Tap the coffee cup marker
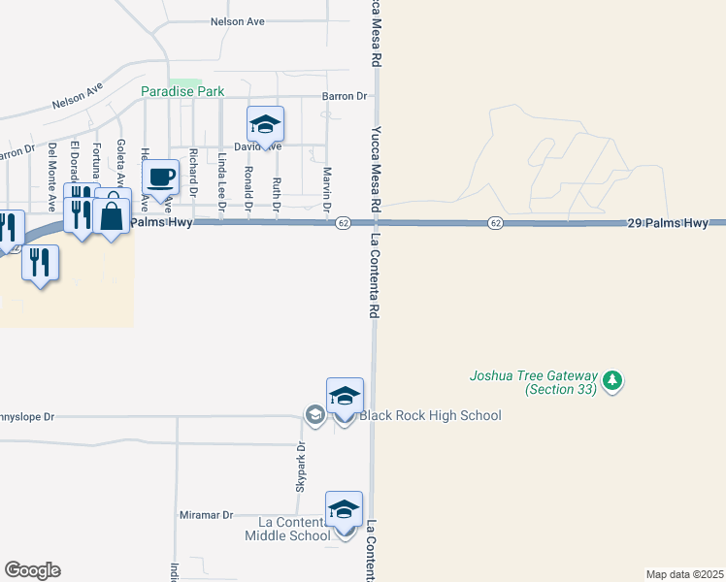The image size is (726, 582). coord(161,178)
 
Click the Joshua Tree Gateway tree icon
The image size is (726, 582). coord(611,380)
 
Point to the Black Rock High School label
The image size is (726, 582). coord(430,416)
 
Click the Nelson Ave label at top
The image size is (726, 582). coord(238,20)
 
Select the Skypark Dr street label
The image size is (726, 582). coord(301,465)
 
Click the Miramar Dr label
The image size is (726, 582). coord(207,515)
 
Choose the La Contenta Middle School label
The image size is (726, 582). coord(287,529)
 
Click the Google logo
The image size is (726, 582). coord(32,570)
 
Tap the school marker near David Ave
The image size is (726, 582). coord(265,124)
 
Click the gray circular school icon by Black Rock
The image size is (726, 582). coord(314,415)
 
